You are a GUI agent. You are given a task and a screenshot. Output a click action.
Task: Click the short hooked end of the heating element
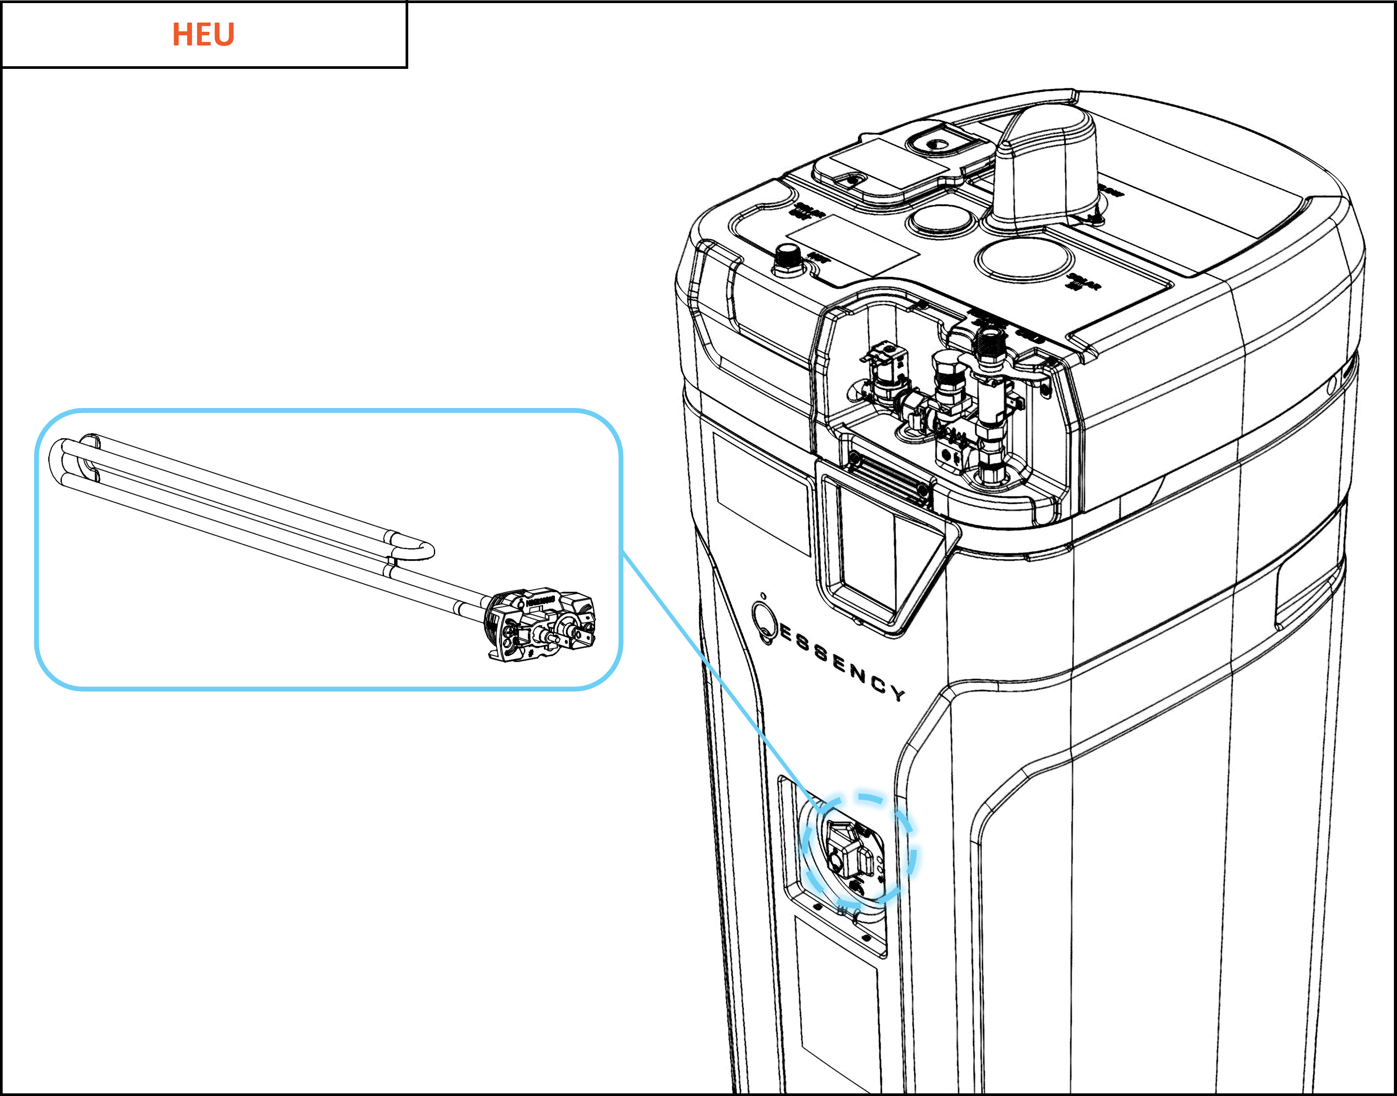pyautogui.click(x=421, y=550)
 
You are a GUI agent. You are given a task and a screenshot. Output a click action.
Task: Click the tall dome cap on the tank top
pyautogui.click(x=1047, y=167)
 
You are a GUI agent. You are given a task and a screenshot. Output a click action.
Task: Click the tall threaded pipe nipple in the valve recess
pyautogui.click(x=989, y=350)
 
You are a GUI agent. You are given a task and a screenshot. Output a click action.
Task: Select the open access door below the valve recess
pyautogui.click(x=886, y=552)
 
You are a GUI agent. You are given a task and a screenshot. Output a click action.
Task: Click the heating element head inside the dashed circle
pyautogui.click(x=847, y=850)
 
